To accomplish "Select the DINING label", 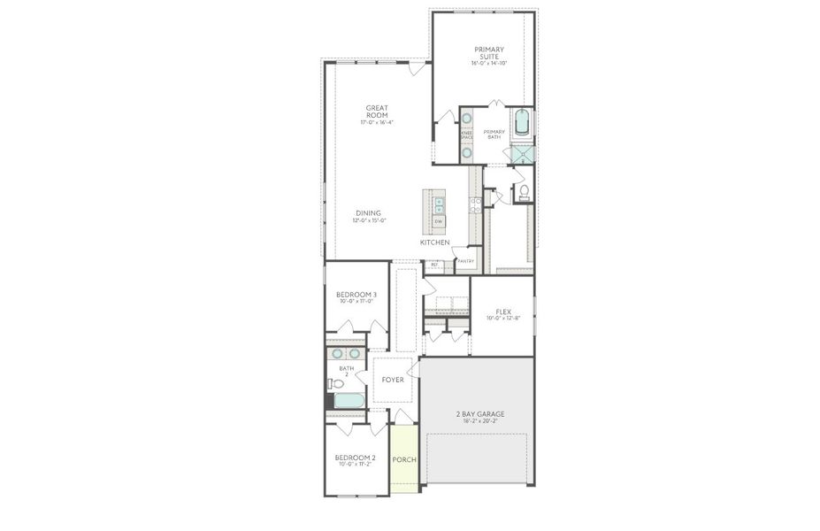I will [369, 213].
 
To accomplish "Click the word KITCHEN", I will [434, 242].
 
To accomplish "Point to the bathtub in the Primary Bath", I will [521, 122].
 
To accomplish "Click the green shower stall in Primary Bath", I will [523, 156].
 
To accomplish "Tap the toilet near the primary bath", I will [524, 191].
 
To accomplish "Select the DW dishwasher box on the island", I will [438, 220].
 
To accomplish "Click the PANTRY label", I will [465, 261].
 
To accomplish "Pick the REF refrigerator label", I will [434, 264].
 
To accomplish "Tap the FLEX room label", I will [502, 312].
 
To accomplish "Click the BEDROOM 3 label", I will [356, 295].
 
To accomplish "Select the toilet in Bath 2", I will [335, 383].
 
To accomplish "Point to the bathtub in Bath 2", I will [349, 400].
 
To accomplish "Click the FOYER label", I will [393, 380].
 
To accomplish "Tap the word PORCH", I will [404, 459].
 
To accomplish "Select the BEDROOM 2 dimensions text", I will [356, 463].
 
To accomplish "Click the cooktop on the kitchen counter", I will [476, 204].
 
